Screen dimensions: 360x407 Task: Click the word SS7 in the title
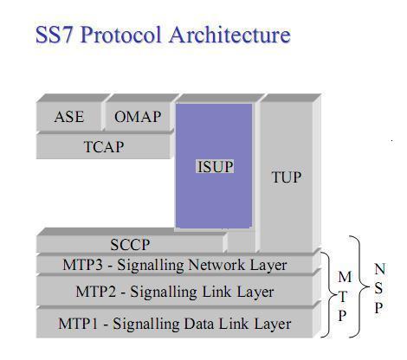tap(55, 35)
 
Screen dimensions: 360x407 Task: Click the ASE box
tap(69, 117)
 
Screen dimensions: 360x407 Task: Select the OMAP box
tap(138, 117)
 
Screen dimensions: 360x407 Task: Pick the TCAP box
tap(103, 146)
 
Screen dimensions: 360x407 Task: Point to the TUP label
tap(287, 177)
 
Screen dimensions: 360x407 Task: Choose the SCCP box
tap(130, 246)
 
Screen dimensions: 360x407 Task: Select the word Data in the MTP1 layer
tap(203, 324)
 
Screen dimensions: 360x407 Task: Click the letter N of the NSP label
tap(380, 269)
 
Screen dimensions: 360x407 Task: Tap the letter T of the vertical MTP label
tap(345, 296)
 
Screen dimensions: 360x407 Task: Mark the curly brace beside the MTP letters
tap(326, 294)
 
